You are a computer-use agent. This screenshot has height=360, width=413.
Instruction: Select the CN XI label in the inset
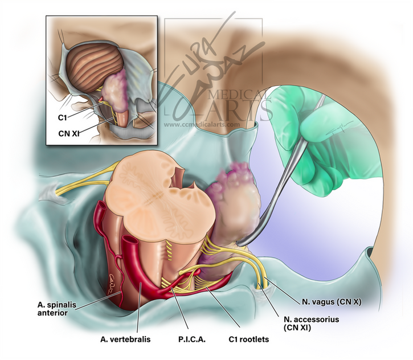coord(68,133)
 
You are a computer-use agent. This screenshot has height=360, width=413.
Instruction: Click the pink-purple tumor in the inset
coord(116,93)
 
